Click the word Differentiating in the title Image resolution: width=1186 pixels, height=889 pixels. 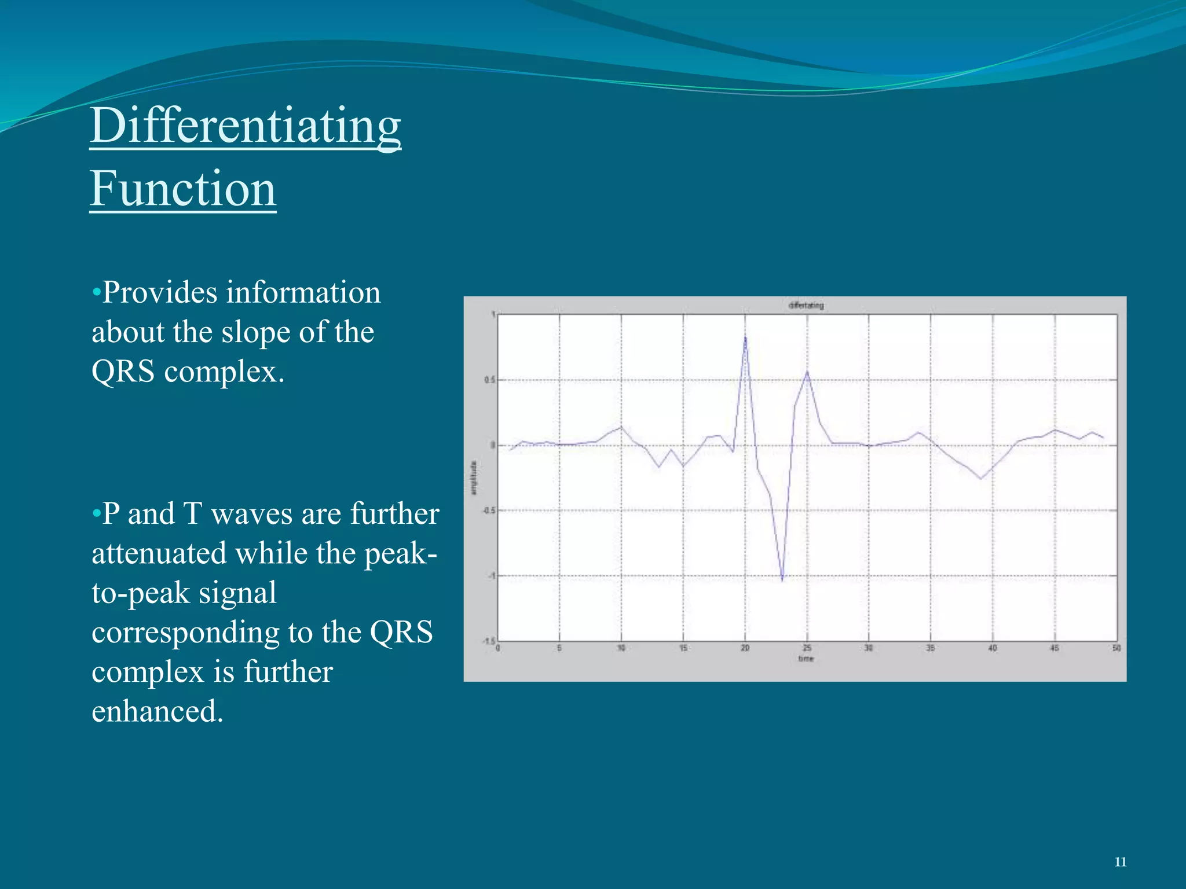pos(245,126)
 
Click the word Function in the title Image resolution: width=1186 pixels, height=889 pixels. pos(183,189)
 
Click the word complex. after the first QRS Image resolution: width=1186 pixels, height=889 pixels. pos(224,372)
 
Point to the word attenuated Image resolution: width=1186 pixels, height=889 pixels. pos(159,554)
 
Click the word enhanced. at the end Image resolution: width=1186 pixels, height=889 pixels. pos(158,711)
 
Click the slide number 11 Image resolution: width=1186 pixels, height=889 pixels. pos(1120,862)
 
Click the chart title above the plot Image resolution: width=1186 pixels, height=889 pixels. pos(806,306)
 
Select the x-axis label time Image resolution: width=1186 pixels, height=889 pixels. pos(806,659)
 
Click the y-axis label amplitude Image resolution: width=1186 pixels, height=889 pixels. pos(474,477)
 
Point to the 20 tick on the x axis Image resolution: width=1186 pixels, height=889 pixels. pos(745,648)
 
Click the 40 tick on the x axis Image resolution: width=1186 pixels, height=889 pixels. pos(993,648)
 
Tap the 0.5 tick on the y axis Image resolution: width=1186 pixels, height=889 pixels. pos(489,380)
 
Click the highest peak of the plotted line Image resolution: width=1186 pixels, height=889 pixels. pos(745,337)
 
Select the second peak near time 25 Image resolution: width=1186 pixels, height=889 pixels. pos(807,372)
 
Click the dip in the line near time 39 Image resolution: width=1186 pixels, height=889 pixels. pos(980,479)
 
